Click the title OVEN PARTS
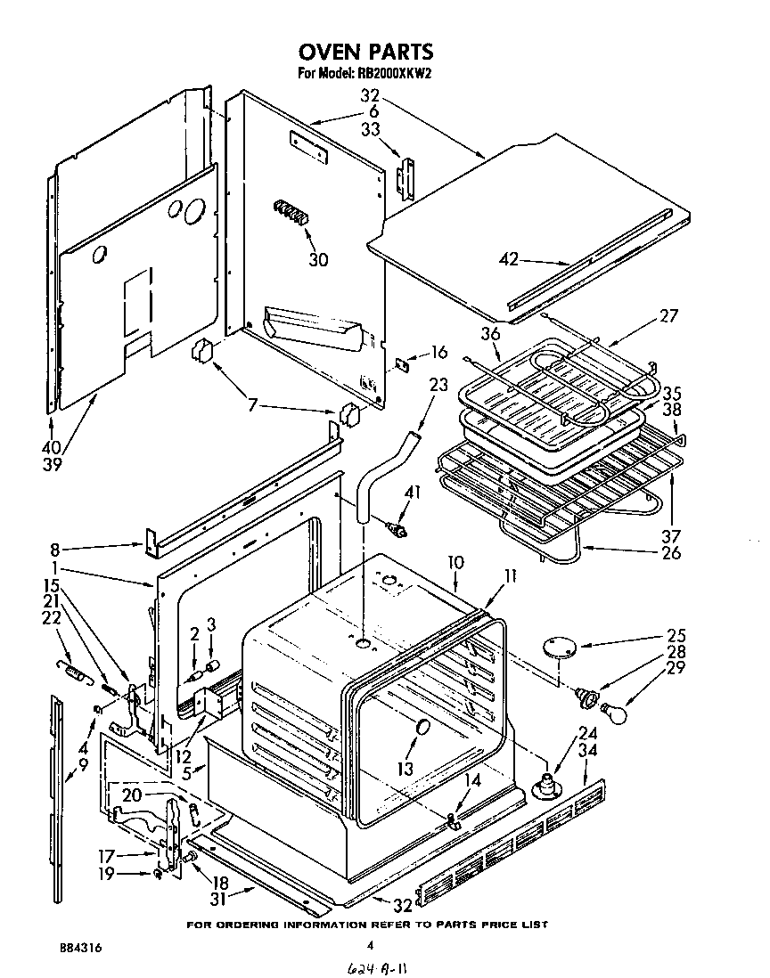366,52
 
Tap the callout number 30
318,260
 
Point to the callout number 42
508,261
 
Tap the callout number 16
438,352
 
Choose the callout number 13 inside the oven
405,768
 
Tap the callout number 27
668,315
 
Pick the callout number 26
671,552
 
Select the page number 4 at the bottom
368,947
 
